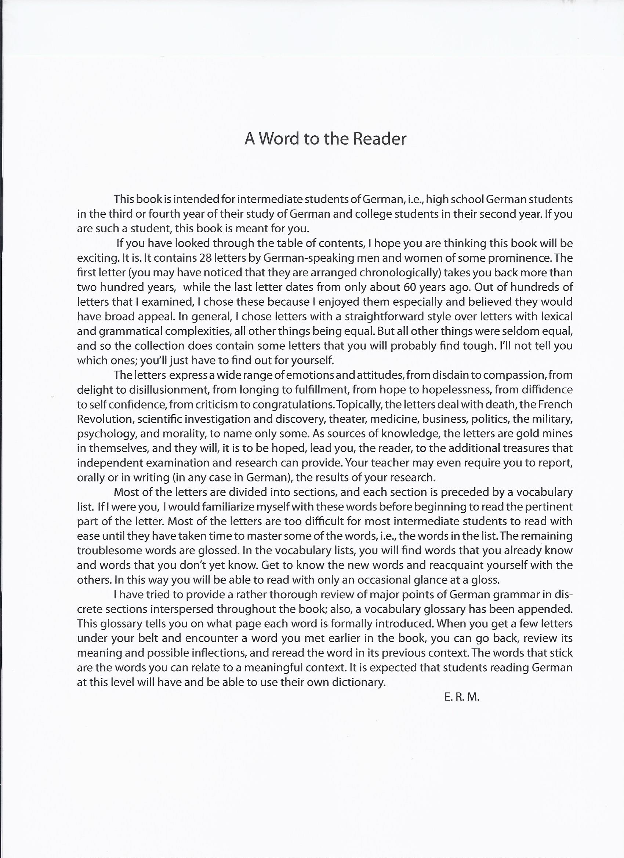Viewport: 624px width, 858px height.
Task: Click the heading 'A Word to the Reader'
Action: click(325, 139)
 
